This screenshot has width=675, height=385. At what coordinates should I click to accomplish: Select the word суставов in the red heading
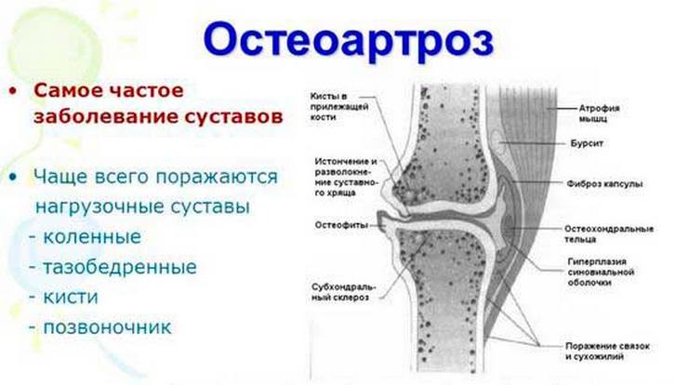(232, 118)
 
